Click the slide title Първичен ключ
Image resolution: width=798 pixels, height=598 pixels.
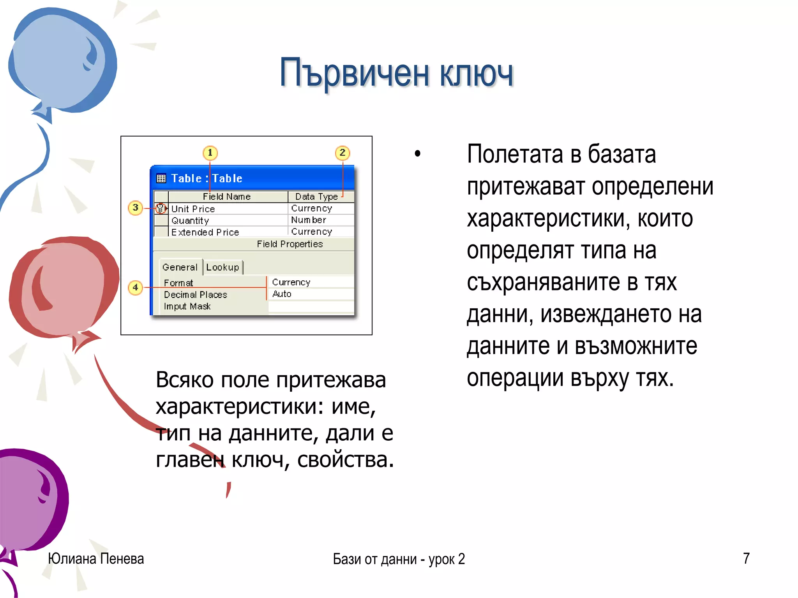396,73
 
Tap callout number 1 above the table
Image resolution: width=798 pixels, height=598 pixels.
210,153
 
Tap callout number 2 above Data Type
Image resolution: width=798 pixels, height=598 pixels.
342,153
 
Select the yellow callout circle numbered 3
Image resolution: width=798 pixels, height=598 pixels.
135,208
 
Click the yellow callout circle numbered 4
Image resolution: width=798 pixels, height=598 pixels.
135,288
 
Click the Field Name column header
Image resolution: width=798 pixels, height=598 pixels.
227,197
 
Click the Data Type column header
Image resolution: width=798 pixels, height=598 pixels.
316,197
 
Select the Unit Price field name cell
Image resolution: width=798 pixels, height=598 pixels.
193,209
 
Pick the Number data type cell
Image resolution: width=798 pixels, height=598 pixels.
309,220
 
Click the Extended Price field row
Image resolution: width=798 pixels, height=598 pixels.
205,232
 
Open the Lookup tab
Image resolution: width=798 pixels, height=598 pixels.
222,267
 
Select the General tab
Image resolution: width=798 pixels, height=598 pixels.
180,267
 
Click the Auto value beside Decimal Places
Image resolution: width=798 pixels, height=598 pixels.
282,294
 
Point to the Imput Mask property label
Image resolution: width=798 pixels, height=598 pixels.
187,306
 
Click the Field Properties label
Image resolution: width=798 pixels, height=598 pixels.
290,244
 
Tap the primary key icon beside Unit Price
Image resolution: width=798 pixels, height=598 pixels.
161,208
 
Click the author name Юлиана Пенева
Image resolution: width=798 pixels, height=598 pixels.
96,559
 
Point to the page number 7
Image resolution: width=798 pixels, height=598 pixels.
746,558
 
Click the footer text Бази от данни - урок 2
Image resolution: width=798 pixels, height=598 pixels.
399,559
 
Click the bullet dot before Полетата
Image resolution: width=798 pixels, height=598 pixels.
418,154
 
